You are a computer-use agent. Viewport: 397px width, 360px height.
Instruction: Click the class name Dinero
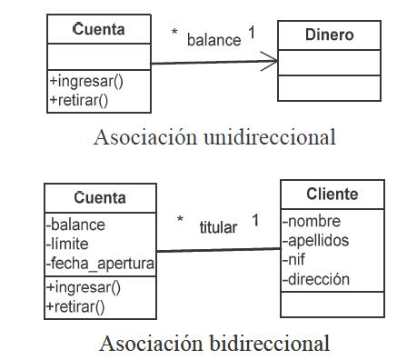(329, 35)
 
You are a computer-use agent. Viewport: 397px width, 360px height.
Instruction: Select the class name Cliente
(332, 194)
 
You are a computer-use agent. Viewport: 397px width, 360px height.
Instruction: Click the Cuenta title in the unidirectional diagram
(99, 30)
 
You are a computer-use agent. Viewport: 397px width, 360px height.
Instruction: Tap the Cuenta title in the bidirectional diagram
(100, 197)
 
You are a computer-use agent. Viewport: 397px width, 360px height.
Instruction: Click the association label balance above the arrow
(213, 40)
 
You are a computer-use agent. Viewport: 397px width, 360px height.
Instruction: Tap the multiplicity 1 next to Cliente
(255, 221)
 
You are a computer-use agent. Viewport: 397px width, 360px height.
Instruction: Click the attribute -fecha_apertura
(100, 264)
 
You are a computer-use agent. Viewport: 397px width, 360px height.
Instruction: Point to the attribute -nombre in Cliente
(314, 221)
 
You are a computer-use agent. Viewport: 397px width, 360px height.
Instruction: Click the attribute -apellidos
(319, 241)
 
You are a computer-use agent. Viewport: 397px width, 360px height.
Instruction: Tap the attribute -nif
(296, 260)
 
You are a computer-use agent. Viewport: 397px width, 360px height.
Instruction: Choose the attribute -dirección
(316, 280)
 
